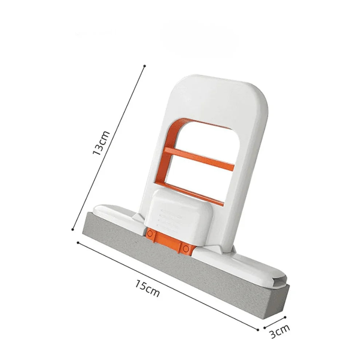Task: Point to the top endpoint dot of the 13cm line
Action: click(x=145, y=66)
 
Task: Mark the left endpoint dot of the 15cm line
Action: click(x=78, y=242)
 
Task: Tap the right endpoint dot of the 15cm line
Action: click(x=258, y=330)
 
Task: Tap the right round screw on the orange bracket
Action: click(x=186, y=248)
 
